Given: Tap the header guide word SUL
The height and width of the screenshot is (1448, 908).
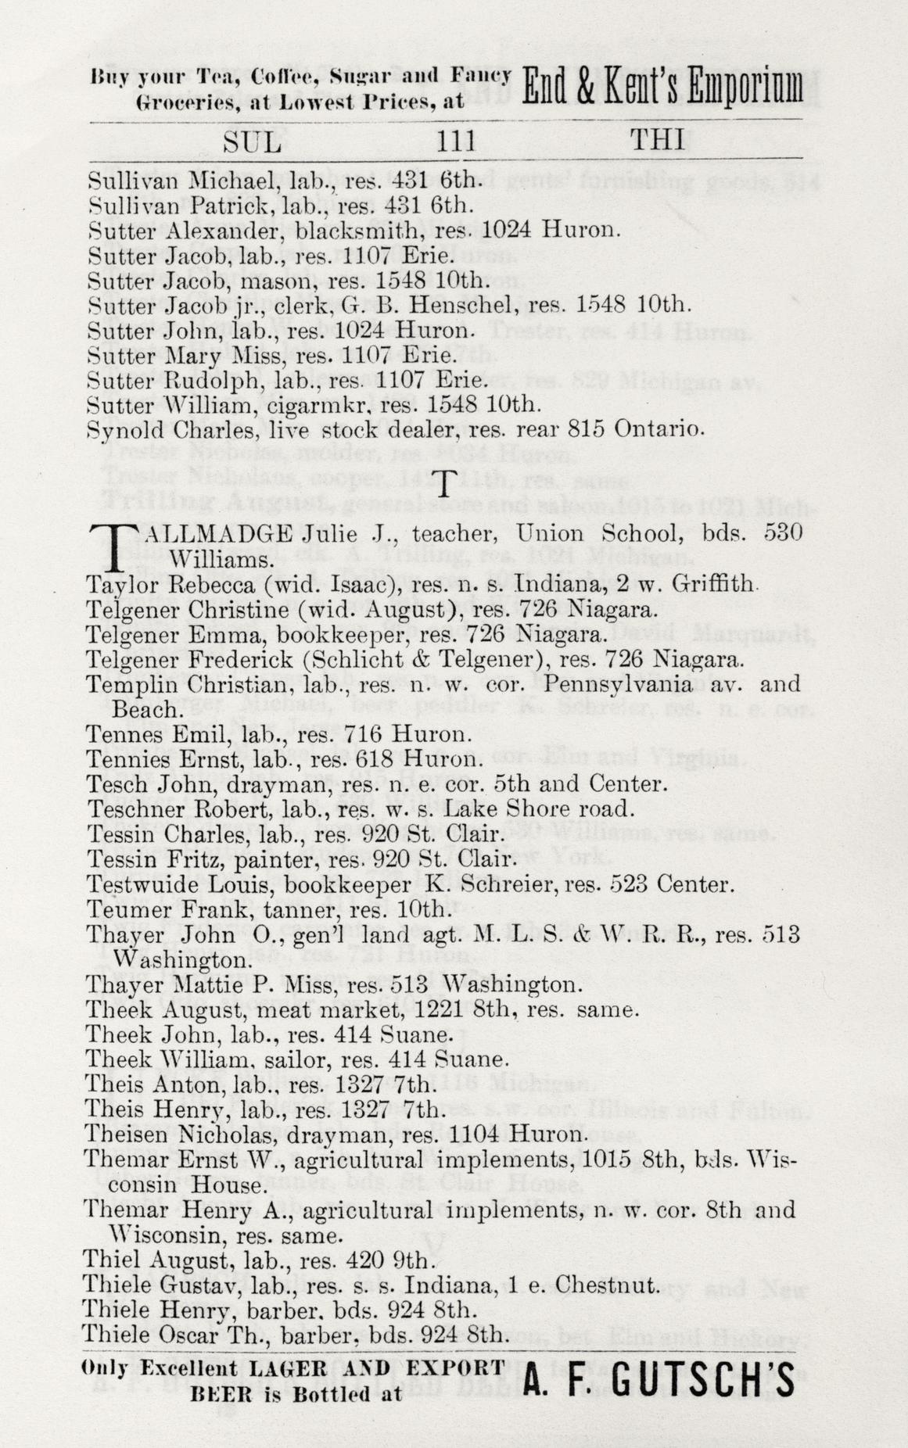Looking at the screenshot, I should click(252, 142).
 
